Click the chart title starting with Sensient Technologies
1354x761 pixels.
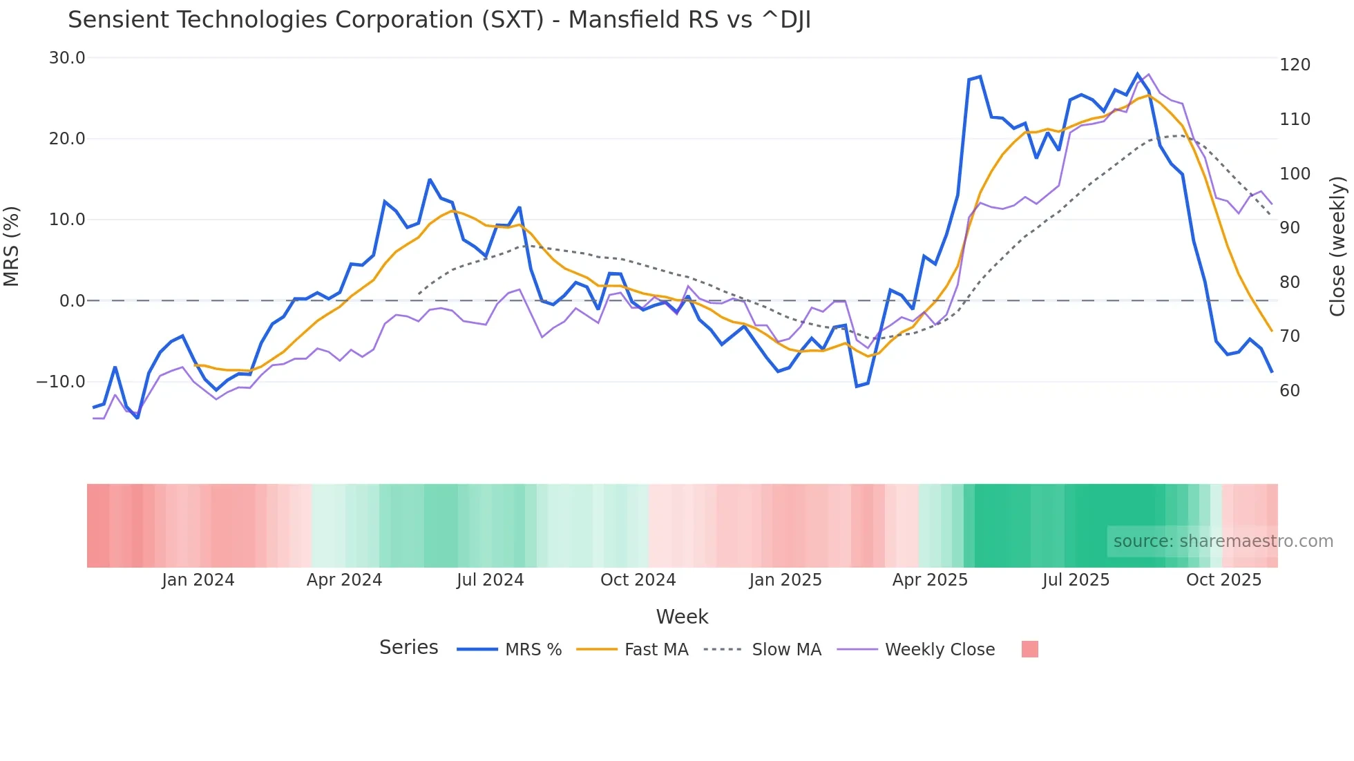pos(439,20)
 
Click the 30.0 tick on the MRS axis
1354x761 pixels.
pos(67,58)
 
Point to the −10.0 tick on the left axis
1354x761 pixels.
pos(61,382)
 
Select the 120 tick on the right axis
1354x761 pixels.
pos(1295,65)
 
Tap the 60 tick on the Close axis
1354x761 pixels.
pos(1290,391)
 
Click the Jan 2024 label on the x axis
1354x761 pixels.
pos(198,580)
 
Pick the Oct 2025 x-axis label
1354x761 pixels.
pos(1223,580)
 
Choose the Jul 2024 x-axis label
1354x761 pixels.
pos(490,580)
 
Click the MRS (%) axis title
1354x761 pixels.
pos(12,247)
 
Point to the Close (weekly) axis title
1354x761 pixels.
pos(1337,247)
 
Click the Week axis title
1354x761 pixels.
pos(682,617)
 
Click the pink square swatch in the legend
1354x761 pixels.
pos(1029,649)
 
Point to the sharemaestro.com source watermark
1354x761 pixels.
pos(1223,541)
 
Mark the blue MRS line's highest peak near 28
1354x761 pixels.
pos(1138,74)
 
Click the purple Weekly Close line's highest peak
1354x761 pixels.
pos(1148,75)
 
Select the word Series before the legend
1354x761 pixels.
pos(408,648)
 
